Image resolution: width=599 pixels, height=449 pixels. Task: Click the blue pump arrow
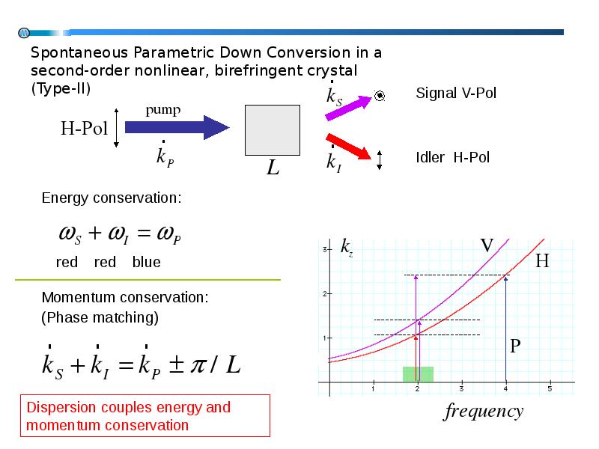point(177,127)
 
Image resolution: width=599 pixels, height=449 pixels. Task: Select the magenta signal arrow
point(348,108)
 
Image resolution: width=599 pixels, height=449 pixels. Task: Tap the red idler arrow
point(348,146)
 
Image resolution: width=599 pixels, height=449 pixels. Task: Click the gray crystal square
point(273,130)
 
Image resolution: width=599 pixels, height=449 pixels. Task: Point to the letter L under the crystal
point(273,167)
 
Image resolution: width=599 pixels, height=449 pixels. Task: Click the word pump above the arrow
point(163,110)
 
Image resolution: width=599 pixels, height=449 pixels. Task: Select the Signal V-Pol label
point(456,93)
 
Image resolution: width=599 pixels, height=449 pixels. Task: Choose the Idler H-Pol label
point(453,157)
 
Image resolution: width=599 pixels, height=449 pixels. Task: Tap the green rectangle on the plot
point(418,374)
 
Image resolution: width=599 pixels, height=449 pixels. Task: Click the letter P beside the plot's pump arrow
point(515,346)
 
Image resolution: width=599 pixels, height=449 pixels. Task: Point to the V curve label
point(487,245)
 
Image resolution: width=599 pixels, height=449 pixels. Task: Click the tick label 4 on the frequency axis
point(506,388)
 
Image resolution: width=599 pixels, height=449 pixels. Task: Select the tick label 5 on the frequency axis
point(550,388)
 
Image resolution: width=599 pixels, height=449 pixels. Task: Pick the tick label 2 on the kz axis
point(325,293)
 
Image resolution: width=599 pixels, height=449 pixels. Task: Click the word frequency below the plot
point(483,412)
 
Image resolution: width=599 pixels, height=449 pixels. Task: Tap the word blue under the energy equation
point(146,263)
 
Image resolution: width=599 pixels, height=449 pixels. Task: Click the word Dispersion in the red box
point(64,407)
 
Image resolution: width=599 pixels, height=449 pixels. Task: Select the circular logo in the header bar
point(24,33)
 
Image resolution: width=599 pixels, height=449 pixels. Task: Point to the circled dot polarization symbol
point(380,96)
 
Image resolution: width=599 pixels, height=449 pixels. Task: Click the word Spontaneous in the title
point(79,53)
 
